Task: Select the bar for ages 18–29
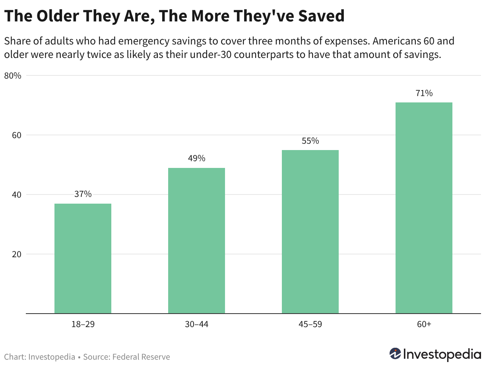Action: (x=83, y=258)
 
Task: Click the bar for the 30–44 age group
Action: (x=196, y=241)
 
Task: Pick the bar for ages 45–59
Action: (x=310, y=232)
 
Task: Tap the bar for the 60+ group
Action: (x=424, y=208)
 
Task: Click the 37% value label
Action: (x=83, y=194)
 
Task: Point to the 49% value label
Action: (x=196, y=158)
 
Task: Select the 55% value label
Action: (x=310, y=141)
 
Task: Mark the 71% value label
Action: (x=424, y=93)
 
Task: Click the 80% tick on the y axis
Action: (x=13, y=76)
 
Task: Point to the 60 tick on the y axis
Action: (x=17, y=135)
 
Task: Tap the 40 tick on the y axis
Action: (x=17, y=195)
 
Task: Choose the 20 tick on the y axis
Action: (x=17, y=254)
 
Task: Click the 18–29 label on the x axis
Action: (x=83, y=324)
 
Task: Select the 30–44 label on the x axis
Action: (x=196, y=324)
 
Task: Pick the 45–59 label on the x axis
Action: (x=310, y=324)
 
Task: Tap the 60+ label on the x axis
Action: (x=424, y=324)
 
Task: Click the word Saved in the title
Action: (x=321, y=16)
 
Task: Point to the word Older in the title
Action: (x=58, y=16)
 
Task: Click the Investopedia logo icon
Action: (x=395, y=353)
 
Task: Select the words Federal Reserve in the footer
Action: (x=141, y=357)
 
